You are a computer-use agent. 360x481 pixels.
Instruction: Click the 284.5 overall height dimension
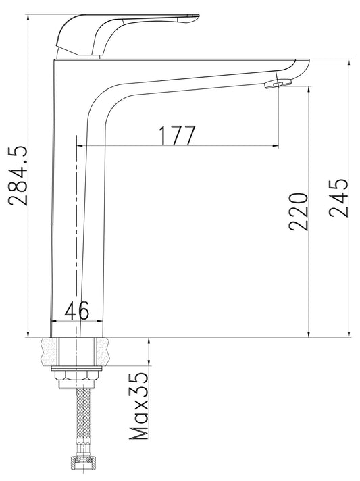coord(18,176)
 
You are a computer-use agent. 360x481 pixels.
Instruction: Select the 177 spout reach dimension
coord(177,135)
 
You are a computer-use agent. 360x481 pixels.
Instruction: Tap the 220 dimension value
coord(298,211)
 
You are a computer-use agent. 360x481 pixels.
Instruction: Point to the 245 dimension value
coord(339,198)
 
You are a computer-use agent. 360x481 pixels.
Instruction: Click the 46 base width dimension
coord(77,310)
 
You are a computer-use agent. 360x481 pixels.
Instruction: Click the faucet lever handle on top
coord(123,34)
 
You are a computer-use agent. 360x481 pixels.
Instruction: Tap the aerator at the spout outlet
coord(278,84)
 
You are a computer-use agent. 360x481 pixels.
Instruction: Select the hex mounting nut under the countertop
coord(76,376)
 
